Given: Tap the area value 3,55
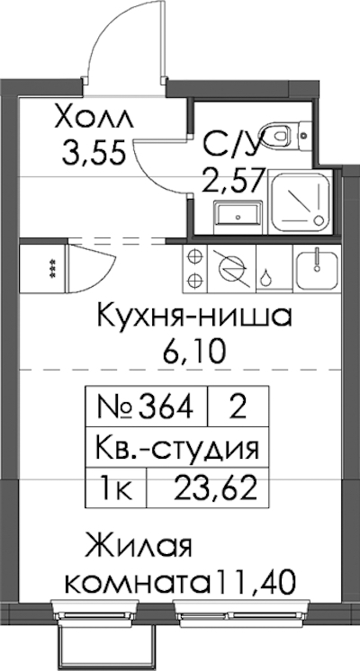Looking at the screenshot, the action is [94, 153].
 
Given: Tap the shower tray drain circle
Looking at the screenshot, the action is [319, 220].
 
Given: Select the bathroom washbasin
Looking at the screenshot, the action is [237, 214].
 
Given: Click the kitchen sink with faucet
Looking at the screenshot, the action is [318, 269].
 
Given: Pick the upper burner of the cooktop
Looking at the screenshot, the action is [194, 257].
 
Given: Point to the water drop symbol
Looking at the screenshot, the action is [266, 278].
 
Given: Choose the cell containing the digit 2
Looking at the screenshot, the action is [238, 407].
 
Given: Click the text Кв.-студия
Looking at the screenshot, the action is [176, 448].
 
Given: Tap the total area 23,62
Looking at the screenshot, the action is [215, 488].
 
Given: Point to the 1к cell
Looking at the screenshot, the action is [116, 488].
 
